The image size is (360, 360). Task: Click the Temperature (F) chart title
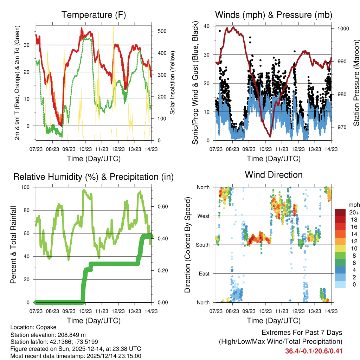click(94, 15)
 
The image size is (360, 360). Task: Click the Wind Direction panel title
click(274, 175)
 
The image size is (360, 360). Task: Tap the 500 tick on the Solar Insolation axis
click(162, 31)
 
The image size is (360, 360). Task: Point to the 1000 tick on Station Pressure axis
click(343, 28)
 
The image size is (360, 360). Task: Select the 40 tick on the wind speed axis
click(207, 26)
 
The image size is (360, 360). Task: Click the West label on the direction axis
click(204, 216)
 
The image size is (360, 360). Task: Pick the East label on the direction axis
click(204, 274)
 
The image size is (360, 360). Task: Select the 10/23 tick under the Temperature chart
click(85, 149)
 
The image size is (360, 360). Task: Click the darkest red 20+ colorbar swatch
click(341, 212)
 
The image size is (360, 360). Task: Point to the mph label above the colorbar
click(353, 205)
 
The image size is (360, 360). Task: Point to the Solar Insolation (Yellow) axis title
click(173, 83)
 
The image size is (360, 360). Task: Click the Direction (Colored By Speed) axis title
click(188, 245)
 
